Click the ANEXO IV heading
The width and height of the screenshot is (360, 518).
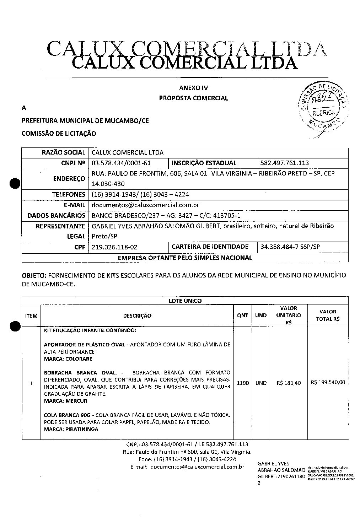[193, 88]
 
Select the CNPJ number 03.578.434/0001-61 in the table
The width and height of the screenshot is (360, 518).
[121, 163]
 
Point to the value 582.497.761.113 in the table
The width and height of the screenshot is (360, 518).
[284, 163]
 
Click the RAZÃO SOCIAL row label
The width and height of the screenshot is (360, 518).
[63, 153]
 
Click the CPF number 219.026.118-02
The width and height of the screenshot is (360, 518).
[114, 247]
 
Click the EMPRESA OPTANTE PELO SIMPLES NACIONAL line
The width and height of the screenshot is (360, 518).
[185, 258]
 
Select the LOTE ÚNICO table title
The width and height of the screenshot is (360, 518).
[185, 301]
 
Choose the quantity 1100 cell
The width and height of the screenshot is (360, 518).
[242, 383]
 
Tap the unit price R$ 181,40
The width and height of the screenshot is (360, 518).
[289, 383]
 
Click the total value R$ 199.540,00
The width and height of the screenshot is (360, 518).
[328, 383]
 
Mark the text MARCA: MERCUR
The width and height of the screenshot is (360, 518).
[65, 401]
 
